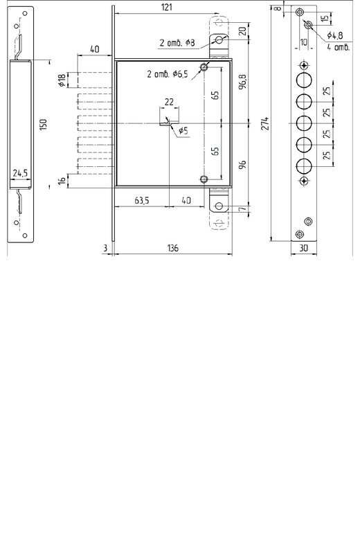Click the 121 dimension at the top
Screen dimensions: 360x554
click(166, 7)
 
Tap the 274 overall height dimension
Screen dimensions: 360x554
click(266, 123)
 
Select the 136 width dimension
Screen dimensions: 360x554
click(173, 248)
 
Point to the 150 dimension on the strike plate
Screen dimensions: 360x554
click(43, 125)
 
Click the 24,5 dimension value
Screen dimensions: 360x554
click(20, 174)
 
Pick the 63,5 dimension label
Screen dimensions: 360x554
click(142, 201)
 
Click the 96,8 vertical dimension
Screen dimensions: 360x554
click(244, 81)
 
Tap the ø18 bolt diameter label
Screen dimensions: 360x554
click(62, 80)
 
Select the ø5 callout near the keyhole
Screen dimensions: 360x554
click(183, 131)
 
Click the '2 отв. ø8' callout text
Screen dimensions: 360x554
click(177, 43)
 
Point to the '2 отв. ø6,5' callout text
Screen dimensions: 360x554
click(168, 74)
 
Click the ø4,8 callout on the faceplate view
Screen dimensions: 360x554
click(334, 35)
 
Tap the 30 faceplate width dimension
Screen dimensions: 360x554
click(303, 249)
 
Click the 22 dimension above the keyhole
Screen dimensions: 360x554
click(169, 102)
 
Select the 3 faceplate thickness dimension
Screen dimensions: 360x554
click(105, 249)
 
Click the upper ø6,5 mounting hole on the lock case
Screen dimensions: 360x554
click(204, 66)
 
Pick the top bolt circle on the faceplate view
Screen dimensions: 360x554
click(304, 80)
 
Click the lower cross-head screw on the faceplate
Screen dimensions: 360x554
click(304, 181)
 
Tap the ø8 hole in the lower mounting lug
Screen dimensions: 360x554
click(219, 206)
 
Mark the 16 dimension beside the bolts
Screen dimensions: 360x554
click(62, 181)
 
